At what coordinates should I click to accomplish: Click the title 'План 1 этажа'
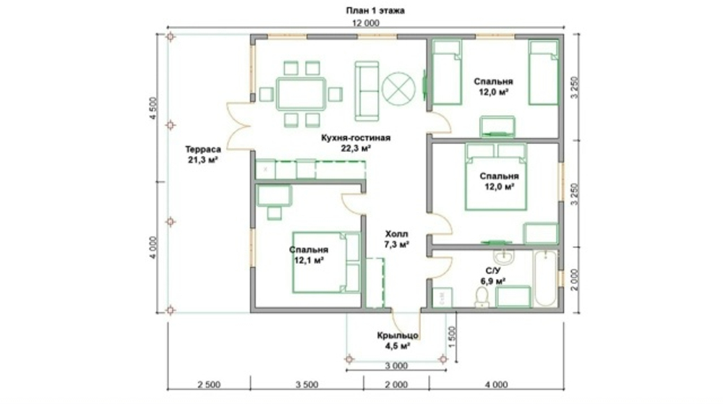click(x=375, y=11)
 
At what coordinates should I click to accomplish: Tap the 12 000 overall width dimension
click(x=366, y=23)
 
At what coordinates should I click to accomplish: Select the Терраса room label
click(x=203, y=150)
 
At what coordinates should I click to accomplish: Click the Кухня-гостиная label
click(x=356, y=138)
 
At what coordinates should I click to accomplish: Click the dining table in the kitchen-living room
click(x=301, y=94)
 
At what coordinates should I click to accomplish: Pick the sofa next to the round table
click(x=367, y=91)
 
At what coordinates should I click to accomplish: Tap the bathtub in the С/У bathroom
click(x=545, y=278)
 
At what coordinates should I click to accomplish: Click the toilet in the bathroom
click(x=482, y=297)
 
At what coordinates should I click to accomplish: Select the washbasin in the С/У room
click(x=505, y=257)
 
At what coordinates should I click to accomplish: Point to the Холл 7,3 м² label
click(x=396, y=239)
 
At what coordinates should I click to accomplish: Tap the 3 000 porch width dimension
click(x=396, y=366)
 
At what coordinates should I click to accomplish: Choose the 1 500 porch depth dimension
click(x=451, y=338)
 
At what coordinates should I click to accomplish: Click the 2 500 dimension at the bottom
click(x=209, y=384)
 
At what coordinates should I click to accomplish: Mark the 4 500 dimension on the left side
click(x=153, y=108)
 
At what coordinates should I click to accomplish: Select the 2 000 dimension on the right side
click(x=574, y=280)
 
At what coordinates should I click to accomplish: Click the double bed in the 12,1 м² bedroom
click(x=326, y=262)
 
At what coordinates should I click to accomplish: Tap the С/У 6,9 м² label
click(x=495, y=275)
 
